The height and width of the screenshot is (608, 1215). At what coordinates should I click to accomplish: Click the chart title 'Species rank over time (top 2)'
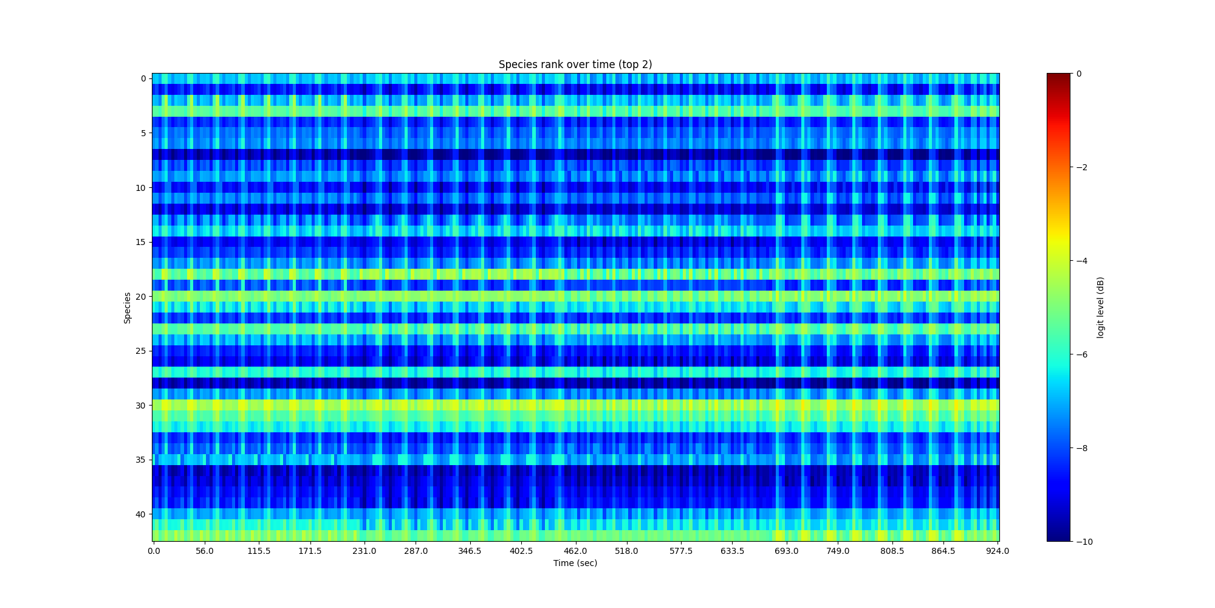point(575,64)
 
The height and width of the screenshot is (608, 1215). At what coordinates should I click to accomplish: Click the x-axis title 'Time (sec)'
point(575,563)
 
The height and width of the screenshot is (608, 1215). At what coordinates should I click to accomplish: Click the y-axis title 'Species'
point(128,308)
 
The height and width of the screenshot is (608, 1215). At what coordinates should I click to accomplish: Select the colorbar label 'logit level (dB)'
point(1100,308)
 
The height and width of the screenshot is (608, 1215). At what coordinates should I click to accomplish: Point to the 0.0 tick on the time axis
point(154,551)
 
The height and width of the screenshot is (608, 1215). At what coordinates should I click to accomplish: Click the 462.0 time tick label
point(575,551)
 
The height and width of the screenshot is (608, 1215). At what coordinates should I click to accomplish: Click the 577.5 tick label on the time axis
point(681,551)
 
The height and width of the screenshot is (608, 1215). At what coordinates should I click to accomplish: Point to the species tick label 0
point(143,78)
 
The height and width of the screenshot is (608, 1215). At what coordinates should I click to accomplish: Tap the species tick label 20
point(140,297)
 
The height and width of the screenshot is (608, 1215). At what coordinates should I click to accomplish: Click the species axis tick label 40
point(140,514)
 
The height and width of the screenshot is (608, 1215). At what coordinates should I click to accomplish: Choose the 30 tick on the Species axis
point(140,406)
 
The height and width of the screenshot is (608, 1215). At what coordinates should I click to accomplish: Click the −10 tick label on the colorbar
point(1084,542)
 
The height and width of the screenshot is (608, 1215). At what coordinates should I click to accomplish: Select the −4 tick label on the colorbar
point(1081,261)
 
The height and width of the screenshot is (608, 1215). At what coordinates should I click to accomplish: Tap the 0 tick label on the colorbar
point(1079,74)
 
